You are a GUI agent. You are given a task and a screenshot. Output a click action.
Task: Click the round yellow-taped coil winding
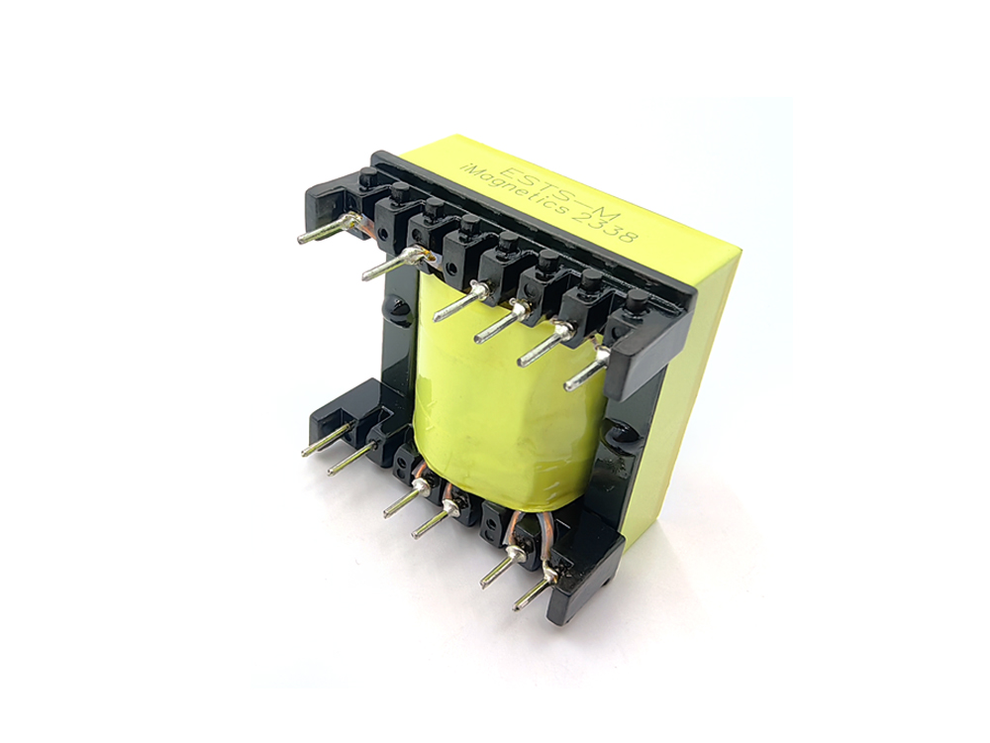pyautogui.click(x=495, y=396)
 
